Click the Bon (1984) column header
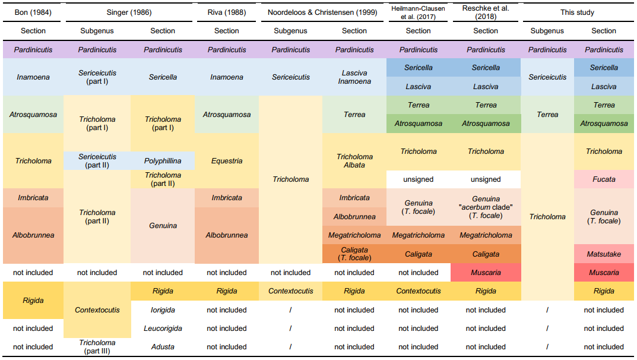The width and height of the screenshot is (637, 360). pos(33,12)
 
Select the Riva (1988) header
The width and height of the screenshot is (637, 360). pos(227,12)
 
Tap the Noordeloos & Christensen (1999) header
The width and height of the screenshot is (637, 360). pos(322,12)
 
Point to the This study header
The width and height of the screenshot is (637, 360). pos(577,12)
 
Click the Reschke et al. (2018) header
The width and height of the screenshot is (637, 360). pos(486,12)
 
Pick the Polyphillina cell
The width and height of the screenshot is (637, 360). pos(163,161)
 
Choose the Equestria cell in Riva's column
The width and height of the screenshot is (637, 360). pos(227,161)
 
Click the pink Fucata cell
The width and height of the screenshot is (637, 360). pos(604,179)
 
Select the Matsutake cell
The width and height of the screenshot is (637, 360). pos(604,254)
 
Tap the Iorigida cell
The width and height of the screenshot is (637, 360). pos(163,310)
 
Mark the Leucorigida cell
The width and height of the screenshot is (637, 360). pos(163,329)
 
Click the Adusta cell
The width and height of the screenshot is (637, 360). pos(163,347)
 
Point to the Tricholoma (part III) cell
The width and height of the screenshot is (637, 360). pos(97,347)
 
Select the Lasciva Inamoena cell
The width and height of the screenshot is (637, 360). pos(354,77)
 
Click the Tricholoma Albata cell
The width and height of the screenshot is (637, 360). pos(354,161)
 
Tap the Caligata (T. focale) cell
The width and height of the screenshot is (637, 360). pos(354,254)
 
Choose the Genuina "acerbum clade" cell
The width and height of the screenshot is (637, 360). pos(486,207)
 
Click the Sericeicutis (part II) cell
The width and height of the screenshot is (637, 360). pos(97,161)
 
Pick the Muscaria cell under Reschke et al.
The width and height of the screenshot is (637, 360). pos(486,273)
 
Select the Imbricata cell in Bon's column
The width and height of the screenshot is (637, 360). pos(33,198)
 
